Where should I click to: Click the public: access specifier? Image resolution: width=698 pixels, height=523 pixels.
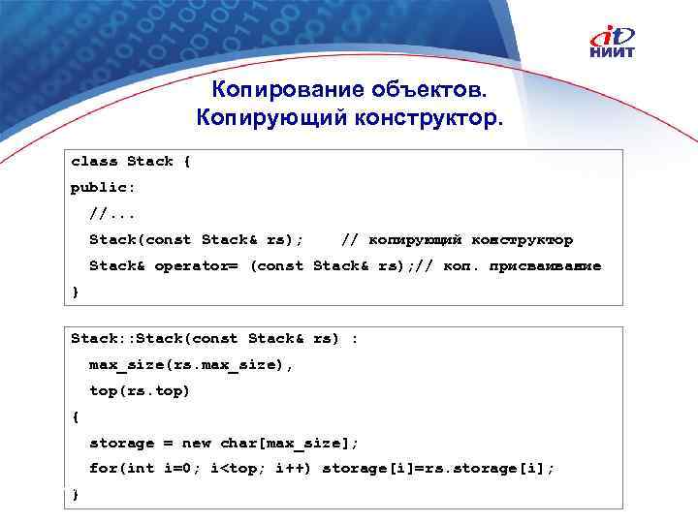click(104, 187)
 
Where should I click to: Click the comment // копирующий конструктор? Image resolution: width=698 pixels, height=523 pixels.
click(458, 239)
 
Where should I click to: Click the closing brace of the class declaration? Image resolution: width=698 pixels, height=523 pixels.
click(75, 292)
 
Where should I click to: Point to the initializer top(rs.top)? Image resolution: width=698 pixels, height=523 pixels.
click(140, 391)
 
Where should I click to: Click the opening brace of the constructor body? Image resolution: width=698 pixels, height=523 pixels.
click(75, 417)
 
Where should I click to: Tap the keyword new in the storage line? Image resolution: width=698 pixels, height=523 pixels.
click(196, 443)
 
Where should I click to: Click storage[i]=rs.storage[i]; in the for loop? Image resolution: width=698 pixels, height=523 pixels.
click(438, 469)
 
